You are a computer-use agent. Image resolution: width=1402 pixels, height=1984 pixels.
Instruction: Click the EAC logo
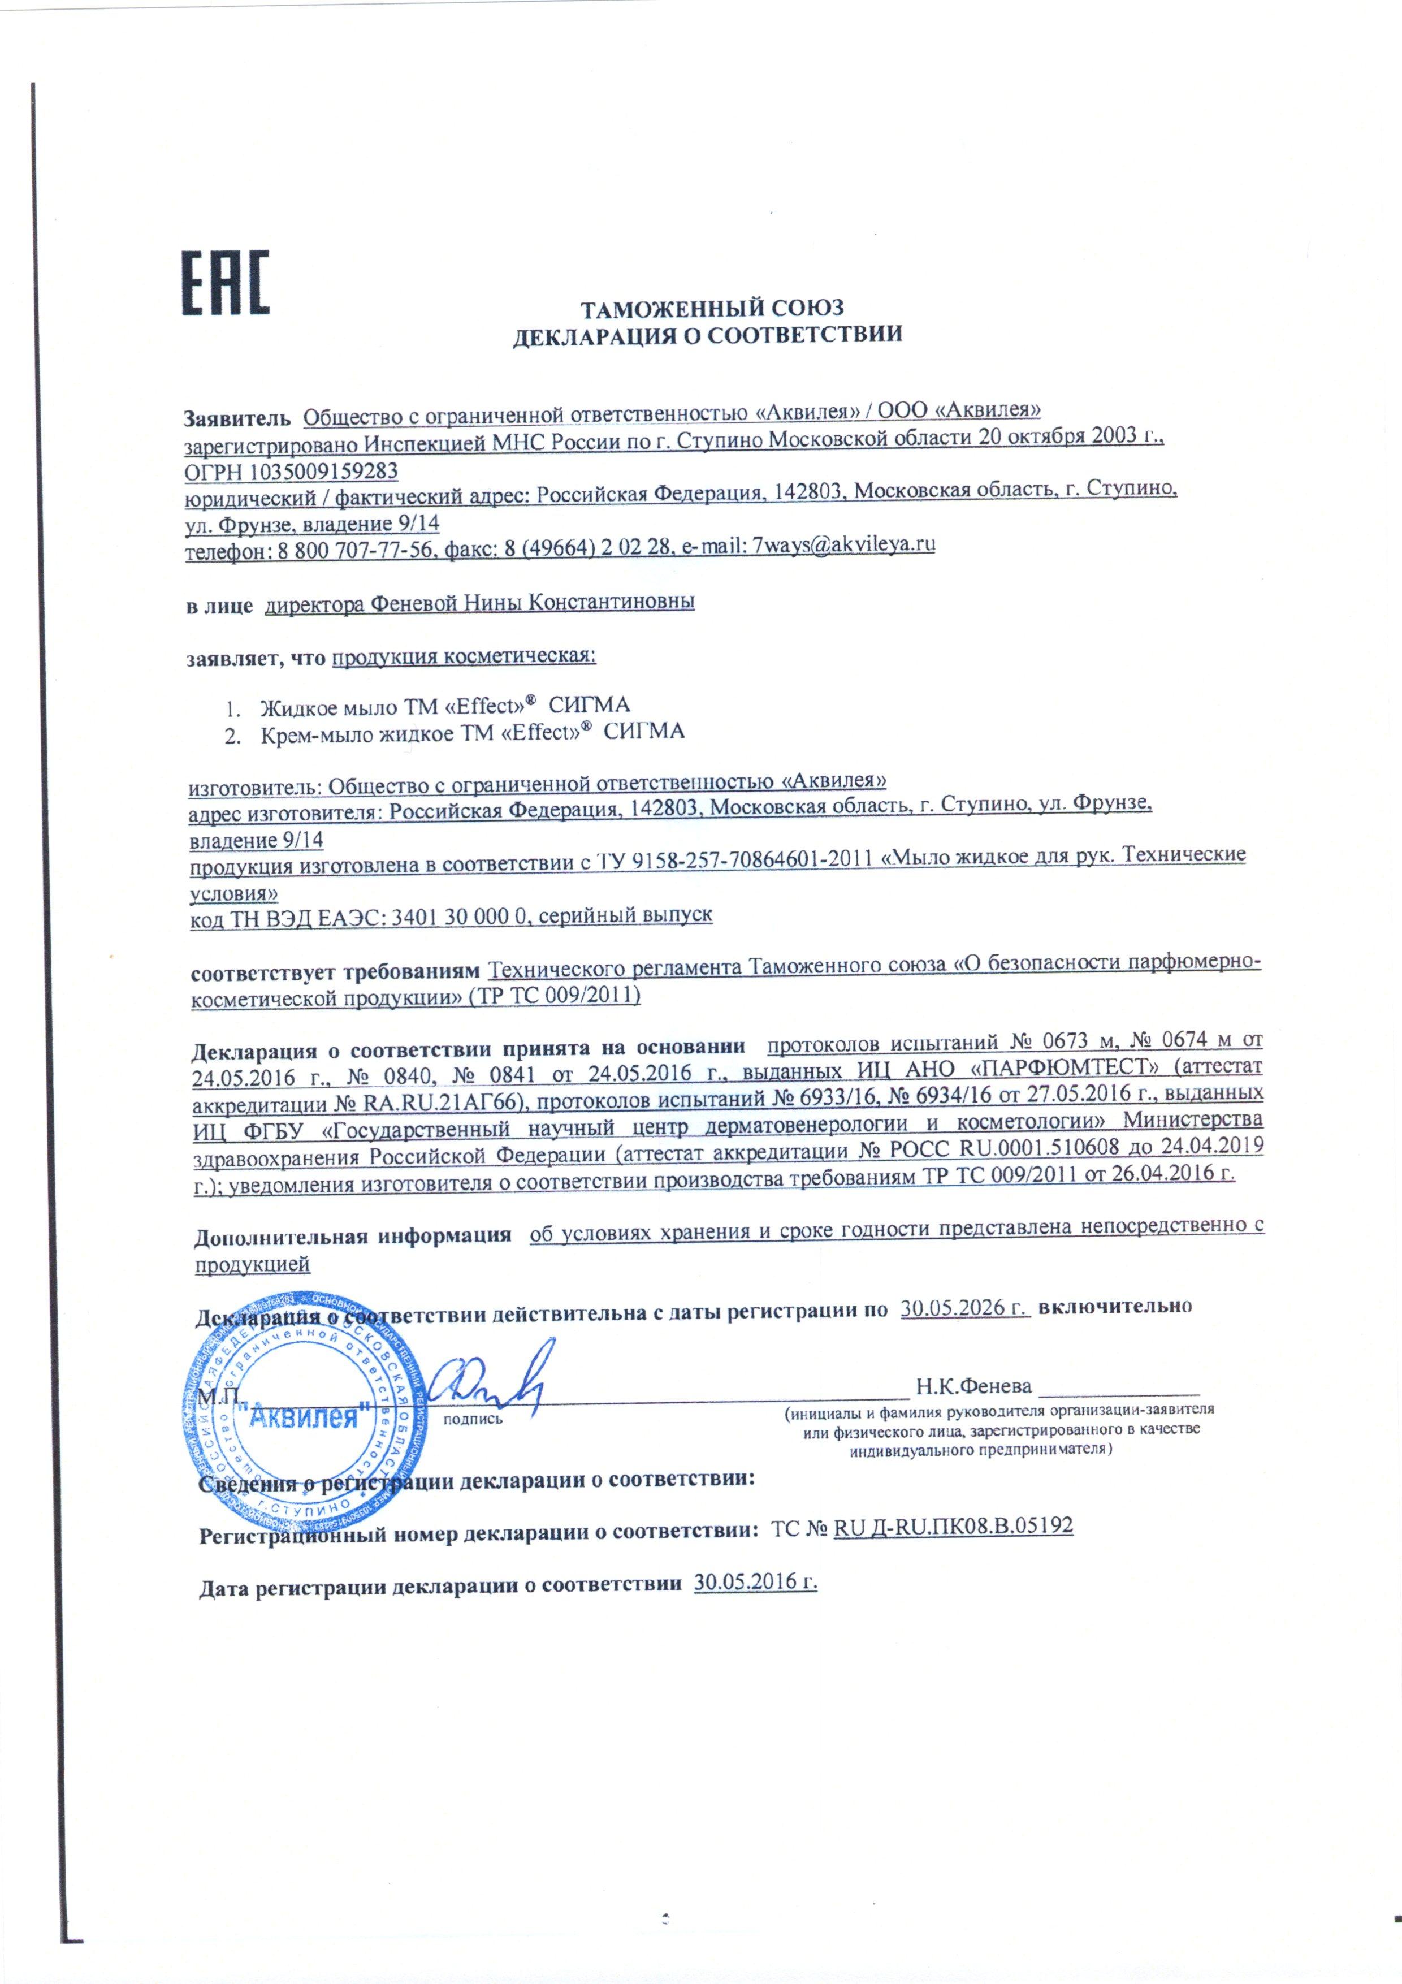pos(224,283)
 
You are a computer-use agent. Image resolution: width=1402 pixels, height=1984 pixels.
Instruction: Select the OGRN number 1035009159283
pos(324,471)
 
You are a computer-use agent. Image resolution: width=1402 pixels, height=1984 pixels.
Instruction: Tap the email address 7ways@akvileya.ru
pos(844,544)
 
